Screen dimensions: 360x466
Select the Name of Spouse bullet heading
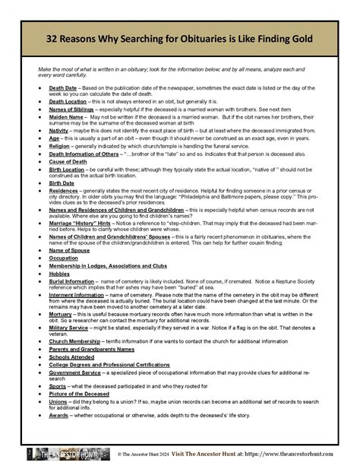pos(70,249)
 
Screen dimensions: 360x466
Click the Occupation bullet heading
pos(64,258)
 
